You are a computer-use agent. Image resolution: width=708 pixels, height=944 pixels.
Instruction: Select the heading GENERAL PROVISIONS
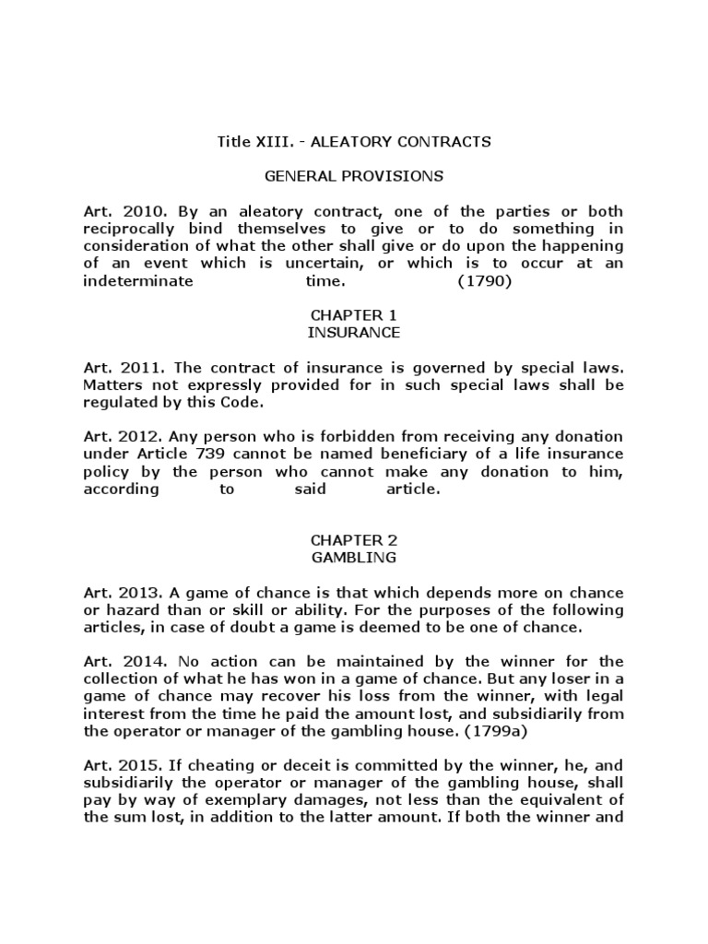click(x=354, y=175)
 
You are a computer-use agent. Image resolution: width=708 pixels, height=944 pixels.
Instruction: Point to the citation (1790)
click(x=484, y=281)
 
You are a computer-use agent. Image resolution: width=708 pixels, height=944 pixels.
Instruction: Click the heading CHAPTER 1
click(x=354, y=315)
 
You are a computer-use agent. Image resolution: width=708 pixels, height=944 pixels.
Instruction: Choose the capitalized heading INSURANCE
click(x=354, y=332)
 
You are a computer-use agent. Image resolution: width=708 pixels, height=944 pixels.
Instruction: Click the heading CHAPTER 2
click(x=354, y=540)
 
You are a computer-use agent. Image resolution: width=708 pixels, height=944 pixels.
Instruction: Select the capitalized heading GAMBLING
click(x=354, y=558)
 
